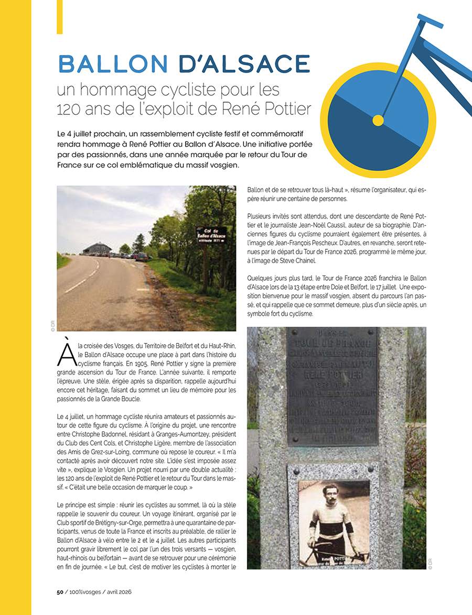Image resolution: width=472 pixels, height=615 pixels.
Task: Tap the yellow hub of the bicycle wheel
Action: click(x=378, y=121)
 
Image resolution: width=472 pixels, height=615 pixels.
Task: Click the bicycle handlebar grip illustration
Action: click(x=430, y=21)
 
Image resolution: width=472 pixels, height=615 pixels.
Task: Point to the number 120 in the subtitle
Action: click(x=70, y=109)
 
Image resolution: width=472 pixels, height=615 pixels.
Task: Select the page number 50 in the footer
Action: click(x=60, y=591)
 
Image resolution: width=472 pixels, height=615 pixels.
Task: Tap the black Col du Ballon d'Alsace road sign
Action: click(x=211, y=232)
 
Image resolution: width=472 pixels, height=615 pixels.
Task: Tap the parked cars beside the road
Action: click(x=134, y=256)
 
